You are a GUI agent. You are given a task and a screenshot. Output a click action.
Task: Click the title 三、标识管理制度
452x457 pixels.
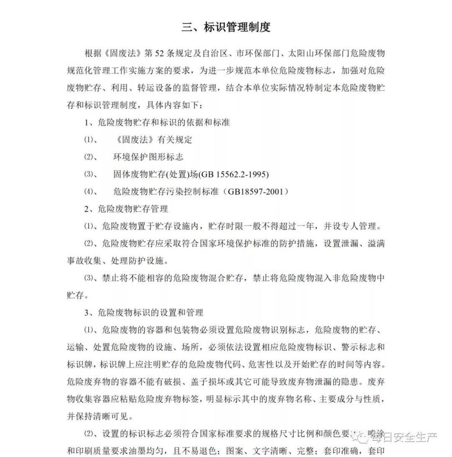pos(226,27)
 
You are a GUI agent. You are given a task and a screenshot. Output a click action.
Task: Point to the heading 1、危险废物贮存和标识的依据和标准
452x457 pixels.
pos(157,123)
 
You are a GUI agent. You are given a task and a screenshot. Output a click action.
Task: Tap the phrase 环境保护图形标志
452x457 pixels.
pos(148,157)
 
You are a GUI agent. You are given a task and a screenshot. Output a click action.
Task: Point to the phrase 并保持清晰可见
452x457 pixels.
pos(100,416)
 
